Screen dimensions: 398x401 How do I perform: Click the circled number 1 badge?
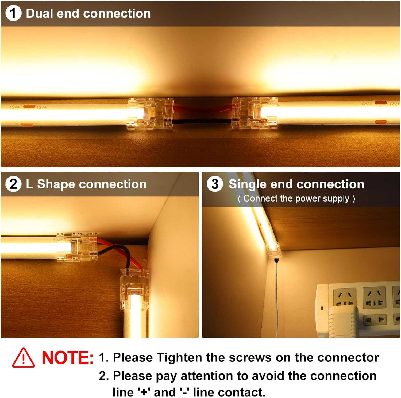(x=13, y=13)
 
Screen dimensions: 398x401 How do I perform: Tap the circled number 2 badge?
(x=13, y=184)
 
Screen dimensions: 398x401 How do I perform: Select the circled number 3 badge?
(x=215, y=184)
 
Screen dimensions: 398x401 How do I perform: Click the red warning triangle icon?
(x=24, y=358)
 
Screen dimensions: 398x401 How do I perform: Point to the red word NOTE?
(x=68, y=358)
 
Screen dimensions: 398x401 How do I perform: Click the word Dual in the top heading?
(x=39, y=13)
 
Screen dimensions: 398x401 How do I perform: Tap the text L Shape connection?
(x=86, y=184)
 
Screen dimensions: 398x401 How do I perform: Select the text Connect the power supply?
(x=296, y=199)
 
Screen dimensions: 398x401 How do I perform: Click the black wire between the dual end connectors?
(x=202, y=121)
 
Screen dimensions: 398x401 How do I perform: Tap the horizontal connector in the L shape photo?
(x=77, y=247)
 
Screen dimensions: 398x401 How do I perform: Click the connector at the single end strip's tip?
(x=273, y=250)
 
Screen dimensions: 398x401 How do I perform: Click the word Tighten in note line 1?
(x=179, y=358)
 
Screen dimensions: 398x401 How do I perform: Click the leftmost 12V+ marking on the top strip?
(x=15, y=107)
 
